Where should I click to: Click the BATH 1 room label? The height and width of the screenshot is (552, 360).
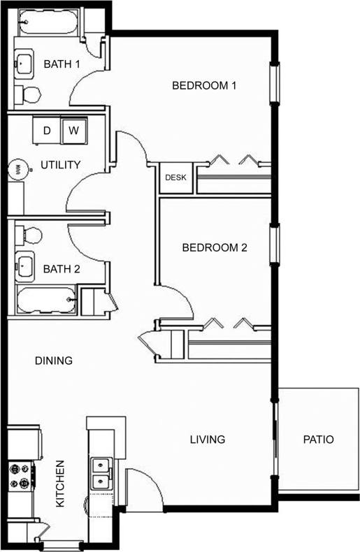62,64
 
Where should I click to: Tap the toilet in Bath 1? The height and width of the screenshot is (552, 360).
29,94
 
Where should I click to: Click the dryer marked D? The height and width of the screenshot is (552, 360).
48,130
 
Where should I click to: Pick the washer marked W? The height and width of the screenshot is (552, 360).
73,130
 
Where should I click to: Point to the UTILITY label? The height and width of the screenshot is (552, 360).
61,165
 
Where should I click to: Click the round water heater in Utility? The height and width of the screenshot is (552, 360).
17,168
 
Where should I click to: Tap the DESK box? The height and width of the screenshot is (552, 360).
175,177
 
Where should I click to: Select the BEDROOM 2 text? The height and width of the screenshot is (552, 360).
215,247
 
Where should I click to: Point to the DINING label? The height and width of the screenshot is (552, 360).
54,361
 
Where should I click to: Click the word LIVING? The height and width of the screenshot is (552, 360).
208,440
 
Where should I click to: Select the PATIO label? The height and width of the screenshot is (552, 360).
318,440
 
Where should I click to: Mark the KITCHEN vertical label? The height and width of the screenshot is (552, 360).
61,484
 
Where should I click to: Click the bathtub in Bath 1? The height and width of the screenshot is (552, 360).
47,25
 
